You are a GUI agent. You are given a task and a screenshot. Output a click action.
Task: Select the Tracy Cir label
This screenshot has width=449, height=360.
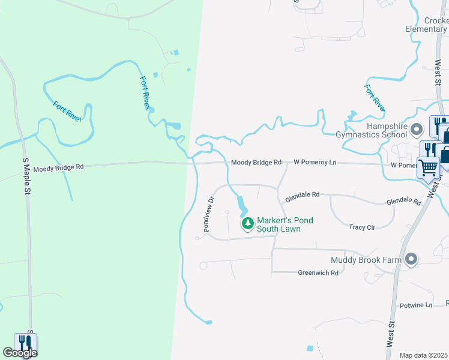tap(362, 227)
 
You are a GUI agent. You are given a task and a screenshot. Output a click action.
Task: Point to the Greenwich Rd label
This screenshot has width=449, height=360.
tap(318, 272)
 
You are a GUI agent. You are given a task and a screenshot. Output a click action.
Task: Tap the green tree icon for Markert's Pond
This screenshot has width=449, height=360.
tap(247, 224)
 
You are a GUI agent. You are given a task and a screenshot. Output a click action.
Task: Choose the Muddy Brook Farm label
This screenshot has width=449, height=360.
tap(366, 260)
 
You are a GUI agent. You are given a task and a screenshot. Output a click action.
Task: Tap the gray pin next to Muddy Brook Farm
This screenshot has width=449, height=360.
tap(411, 259)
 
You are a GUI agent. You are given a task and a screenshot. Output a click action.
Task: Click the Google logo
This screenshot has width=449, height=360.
tap(20, 353)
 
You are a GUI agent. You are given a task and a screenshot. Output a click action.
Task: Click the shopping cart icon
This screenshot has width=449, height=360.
tap(429, 168)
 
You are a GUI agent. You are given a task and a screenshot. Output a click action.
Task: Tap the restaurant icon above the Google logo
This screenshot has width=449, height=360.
tap(26, 342)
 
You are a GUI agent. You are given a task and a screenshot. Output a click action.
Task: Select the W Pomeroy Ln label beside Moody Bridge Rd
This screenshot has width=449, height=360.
tap(315, 162)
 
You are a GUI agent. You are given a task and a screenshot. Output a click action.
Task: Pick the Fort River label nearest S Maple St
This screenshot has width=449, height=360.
tap(67, 111)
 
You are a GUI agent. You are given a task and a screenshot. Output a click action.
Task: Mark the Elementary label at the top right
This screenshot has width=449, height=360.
tap(426, 29)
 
